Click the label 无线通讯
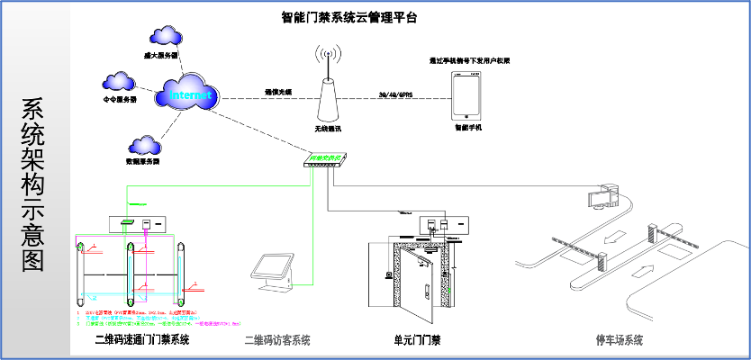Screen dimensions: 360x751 tap(329, 129)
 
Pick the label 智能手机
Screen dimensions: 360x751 tap(468, 129)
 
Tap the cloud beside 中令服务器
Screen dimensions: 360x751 tap(120, 82)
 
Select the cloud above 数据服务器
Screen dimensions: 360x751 tap(144, 144)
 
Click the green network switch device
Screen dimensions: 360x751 tap(325, 161)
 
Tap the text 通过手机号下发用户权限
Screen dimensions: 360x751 tap(469, 60)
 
